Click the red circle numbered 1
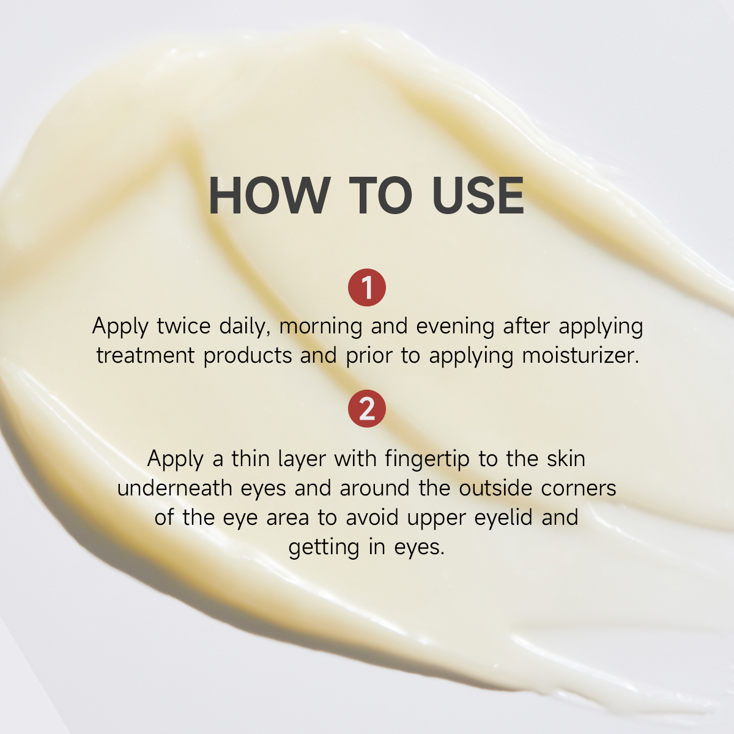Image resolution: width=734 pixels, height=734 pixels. click(367, 287)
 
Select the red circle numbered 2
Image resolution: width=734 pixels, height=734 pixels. click(367, 409)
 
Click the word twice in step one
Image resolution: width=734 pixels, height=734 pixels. click(183, 326)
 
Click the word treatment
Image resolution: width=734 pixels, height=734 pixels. click(146, 356)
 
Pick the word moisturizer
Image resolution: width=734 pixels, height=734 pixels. click(580, 356)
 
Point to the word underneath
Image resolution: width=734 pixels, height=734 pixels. click(174, 488)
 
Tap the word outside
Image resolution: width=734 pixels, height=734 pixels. click(495, 488)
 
